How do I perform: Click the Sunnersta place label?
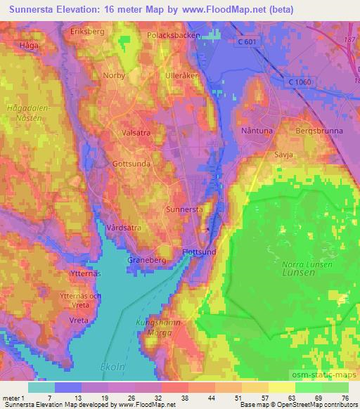click(x=185, y=209)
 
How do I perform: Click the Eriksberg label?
click(x=86, y=32)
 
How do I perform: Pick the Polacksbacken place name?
click(x=174, y=34)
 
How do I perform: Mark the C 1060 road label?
click(x=300, y=83)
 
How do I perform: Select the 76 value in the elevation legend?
click(x=347, y=397)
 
